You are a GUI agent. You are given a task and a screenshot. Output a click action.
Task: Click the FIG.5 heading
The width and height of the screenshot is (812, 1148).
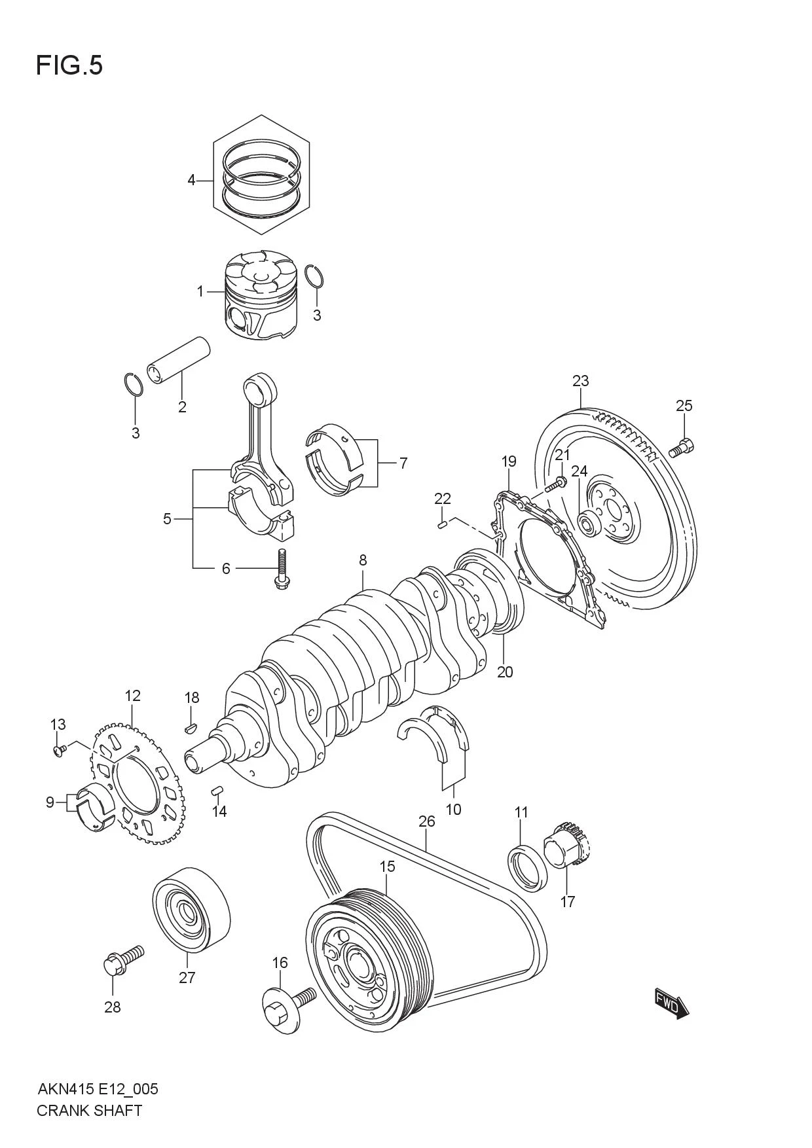69,66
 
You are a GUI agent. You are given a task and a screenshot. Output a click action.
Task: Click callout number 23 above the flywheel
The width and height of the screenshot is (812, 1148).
580,381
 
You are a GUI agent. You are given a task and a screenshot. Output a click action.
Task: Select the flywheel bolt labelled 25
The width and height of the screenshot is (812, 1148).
682,448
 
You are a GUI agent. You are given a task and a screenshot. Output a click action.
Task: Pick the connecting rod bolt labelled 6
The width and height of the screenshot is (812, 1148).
282,567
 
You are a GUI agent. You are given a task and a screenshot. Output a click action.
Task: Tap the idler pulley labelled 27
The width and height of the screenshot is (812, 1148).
191,909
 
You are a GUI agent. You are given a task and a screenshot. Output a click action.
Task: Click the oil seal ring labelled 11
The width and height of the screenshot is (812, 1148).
529,868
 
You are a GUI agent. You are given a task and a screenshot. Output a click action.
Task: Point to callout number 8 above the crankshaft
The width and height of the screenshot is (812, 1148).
362,560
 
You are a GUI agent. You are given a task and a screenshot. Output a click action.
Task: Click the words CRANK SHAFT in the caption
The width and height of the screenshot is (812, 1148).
89,1110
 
